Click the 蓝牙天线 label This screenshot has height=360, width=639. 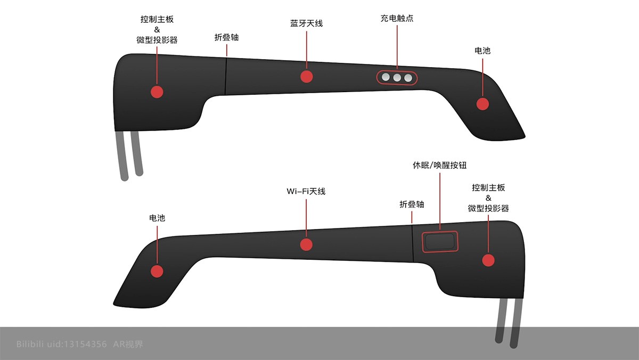[306, 23]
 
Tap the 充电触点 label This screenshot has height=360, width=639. [397, 18]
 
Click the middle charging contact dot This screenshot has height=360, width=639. [397, 78]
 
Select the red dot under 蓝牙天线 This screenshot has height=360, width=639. [306, 76]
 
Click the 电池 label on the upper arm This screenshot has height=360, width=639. [482, 51]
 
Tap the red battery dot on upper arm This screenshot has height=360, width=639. [482, 104]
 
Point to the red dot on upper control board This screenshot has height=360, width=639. [157, 92]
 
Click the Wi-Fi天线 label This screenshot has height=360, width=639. [306, 191]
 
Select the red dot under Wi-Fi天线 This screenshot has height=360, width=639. [306, 244]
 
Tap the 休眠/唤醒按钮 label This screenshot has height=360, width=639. [439, 165]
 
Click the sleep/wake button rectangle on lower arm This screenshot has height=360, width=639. [440, 242]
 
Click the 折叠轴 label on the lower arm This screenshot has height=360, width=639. [412, 204]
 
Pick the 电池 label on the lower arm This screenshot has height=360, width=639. [157, 218]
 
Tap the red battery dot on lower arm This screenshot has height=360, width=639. [157, 271]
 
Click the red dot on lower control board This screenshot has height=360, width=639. [488, 260]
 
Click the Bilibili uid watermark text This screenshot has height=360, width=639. [62, 344]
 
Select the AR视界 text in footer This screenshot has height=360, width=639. [128, 344]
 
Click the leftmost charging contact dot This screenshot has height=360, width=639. [386, 78]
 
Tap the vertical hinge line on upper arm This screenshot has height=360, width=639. [226, 75]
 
